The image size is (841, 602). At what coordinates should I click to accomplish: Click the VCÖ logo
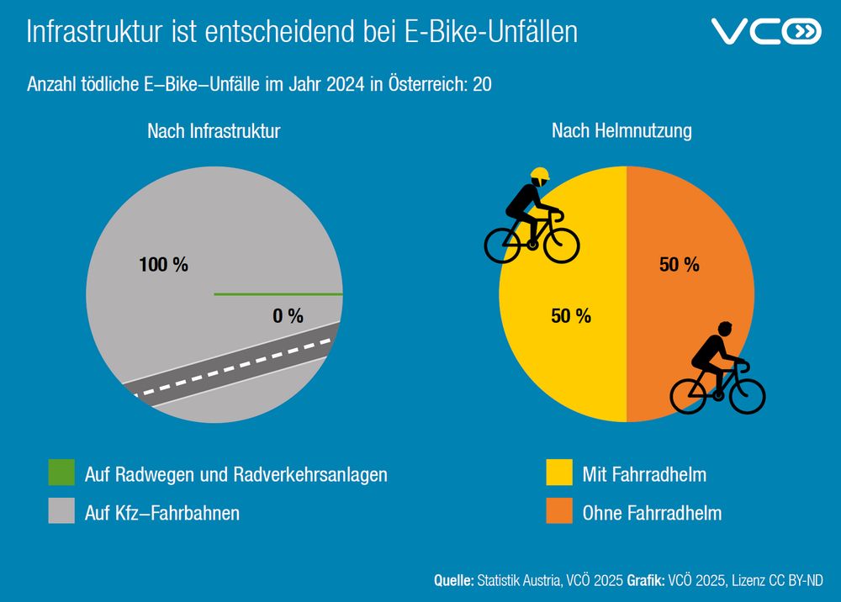click(x=765, y=32)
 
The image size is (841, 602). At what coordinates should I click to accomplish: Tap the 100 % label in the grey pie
click(x=163, y=265)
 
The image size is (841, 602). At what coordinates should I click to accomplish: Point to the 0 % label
click(x=288, y=316)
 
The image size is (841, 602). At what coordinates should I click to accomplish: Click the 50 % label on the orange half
click(x=680, y=265)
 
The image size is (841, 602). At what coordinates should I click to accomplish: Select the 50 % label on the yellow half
click(x=571, y=316)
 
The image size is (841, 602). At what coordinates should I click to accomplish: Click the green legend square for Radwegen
click(x=61, y=473)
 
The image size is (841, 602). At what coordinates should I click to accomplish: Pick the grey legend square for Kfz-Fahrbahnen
click(x=61, y=512)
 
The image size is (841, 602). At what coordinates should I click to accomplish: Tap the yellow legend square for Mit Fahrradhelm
click(x=558, y=473)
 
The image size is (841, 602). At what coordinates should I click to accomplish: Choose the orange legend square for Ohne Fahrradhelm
click(x=558, y=512)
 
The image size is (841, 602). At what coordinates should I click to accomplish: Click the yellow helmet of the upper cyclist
click(x=540, y=176)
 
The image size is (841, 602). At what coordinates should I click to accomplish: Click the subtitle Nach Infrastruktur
click(x=214, y=131)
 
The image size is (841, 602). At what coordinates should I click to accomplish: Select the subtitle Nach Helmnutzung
click(x=621, y=131)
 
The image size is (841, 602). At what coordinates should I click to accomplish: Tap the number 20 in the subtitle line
click(x=483, y=85)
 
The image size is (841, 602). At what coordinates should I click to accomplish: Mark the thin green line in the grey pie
click(x=278, y=294)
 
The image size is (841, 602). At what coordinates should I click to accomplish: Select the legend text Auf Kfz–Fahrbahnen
click(x=162, y=512)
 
